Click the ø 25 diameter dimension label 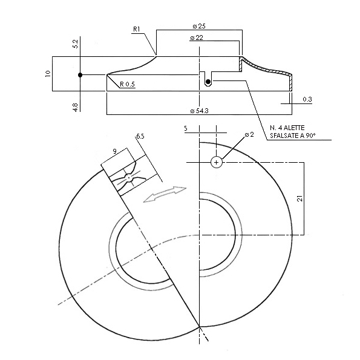199,26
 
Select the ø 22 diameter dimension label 197,38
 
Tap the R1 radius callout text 136,29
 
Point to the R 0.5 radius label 127,84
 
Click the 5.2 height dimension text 75,44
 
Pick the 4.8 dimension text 75,107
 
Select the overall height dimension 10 48,73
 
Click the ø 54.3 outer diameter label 199,111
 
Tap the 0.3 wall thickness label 307,99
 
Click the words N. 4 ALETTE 287,128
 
